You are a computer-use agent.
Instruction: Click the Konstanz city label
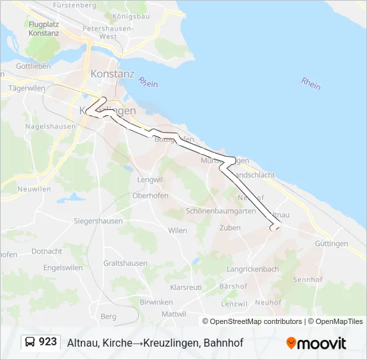click(x=112, y=73)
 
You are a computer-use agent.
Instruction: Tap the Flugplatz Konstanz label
click(x=44, y=29)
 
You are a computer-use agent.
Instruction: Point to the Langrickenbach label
click(x=253, y=269)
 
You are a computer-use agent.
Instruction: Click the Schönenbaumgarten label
click(x=221, y=211)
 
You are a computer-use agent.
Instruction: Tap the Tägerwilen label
click(x=25, y=88)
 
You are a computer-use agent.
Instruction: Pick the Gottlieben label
click(x=33, y=67)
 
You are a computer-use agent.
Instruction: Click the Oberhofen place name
click(x=149, y=196)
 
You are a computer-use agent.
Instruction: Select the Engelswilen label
click(x=63, y=268)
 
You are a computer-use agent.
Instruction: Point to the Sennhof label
click(x=308, y=279)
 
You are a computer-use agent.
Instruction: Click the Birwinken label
click(x=156, y=302)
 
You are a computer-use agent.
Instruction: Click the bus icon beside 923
click(x=30, y=343)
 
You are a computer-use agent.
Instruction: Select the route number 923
click(x=48, y=342)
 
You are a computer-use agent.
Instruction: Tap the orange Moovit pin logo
click(x=291, y=343)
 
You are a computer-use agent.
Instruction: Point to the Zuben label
click(x=230, y=228)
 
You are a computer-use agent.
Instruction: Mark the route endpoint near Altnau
click(x=273, y=228)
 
